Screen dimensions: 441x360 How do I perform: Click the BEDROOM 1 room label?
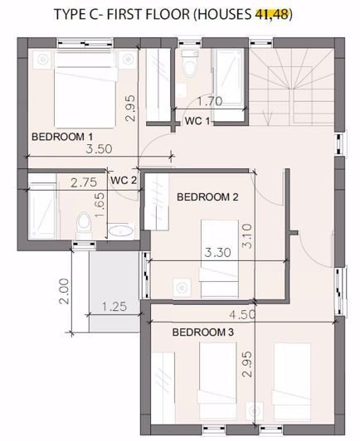(x=62, y=136)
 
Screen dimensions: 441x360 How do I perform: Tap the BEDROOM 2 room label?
(x=208, y=196)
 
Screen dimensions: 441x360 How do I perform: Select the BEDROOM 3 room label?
(x=202, y=332)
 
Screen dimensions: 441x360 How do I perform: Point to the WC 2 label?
(x=123, y=180)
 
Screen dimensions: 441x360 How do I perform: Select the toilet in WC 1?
(x=189, y=65)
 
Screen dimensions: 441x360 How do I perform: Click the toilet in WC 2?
(x=82, y=222)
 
